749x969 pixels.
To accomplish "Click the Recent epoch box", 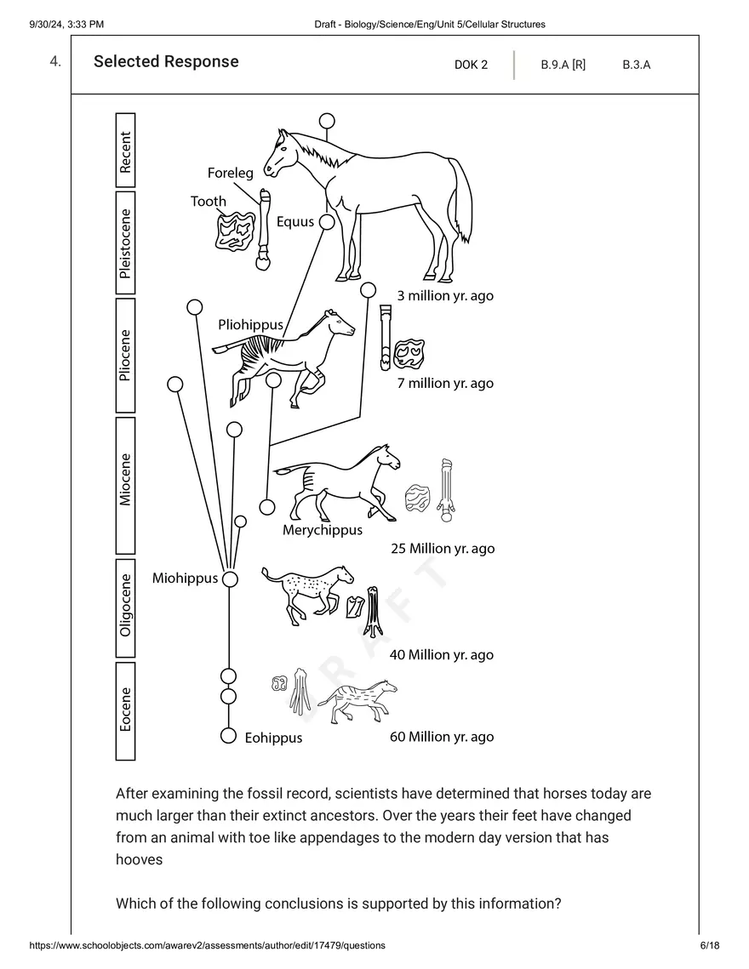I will point(125,151).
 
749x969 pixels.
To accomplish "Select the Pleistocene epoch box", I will point(125,243).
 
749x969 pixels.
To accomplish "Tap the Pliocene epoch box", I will point(125,354).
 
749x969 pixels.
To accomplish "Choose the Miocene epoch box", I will point(125,484).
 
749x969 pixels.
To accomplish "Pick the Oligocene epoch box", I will point(125,608).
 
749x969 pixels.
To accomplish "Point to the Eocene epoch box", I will point(125,711).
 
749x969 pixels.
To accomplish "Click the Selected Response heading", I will point(166,62).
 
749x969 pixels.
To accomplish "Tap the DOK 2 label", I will point(471,65).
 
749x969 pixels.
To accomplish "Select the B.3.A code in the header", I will point(636,65).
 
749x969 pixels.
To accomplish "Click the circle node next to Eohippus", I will point(228,736).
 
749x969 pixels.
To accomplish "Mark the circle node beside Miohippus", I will point(230,579).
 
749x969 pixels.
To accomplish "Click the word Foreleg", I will point(231,174).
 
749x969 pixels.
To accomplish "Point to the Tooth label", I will point(209,202).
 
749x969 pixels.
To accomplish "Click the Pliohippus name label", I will point(250,325).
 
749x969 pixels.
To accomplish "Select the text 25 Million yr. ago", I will point(442,549).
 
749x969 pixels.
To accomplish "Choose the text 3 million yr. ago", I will point(445,296).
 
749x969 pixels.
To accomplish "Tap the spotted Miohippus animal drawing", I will point(306,588).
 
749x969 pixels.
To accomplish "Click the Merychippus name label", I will point(323,530).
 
